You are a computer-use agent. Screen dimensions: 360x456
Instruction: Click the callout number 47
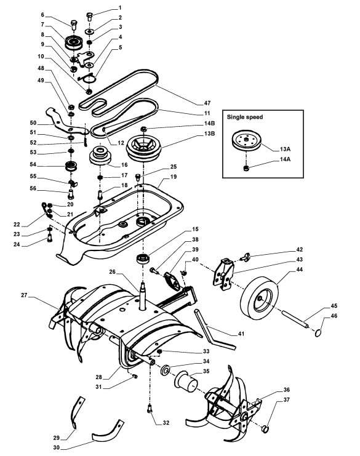point(207,103)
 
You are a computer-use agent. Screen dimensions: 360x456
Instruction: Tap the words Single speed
point(244,117)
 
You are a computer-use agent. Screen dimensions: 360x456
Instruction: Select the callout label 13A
point(285,149)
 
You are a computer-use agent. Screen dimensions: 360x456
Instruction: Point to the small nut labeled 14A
point(246,169)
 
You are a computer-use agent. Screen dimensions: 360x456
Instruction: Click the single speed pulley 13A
point(247,141)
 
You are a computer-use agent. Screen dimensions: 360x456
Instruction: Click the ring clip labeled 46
point(319,332)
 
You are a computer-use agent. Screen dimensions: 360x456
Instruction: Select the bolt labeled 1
point(89,16)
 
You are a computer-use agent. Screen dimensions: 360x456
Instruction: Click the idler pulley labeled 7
point(74,42)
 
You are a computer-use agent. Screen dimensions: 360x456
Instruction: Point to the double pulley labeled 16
point(100,156)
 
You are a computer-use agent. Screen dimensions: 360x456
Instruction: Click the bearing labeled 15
point(143,258)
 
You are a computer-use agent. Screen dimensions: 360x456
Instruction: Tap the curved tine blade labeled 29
point(77,411)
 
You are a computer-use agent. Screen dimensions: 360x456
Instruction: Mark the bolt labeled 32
point(150,408)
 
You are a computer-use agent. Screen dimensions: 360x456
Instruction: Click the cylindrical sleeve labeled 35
point(186,381)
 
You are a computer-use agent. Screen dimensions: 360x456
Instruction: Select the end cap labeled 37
point(265,429)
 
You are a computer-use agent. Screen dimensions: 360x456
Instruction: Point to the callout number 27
point(24,295)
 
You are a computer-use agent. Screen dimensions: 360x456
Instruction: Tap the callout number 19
point(174,177)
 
